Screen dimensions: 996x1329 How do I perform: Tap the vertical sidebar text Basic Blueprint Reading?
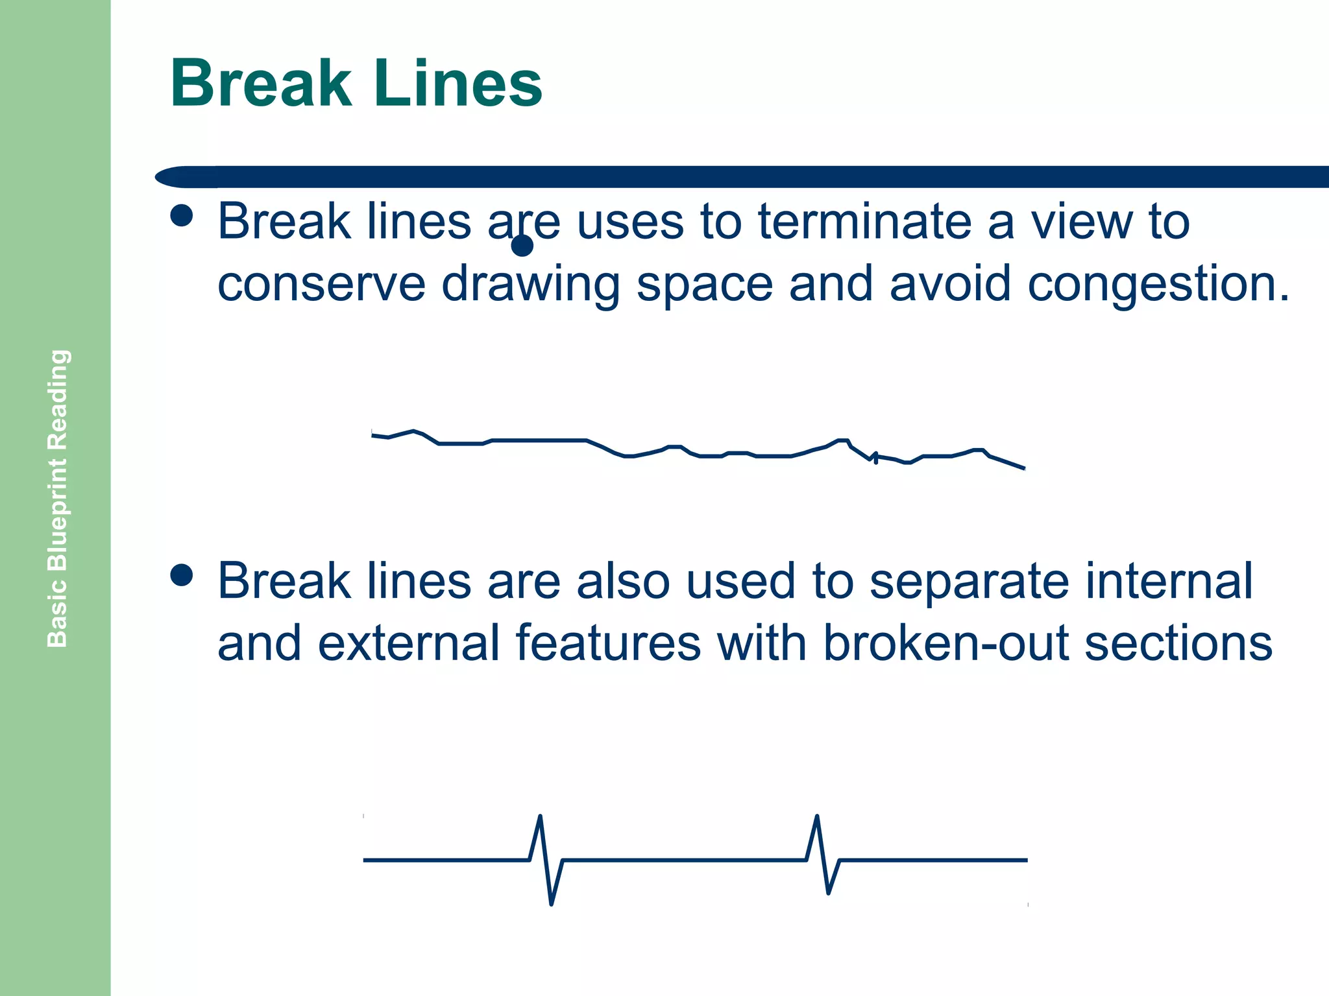tap(58, 498)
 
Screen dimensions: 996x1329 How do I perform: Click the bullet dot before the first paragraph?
tap(182, 216)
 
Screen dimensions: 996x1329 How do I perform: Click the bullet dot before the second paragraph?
tap(182, 575)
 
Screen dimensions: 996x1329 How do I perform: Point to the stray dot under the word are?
tap(522, 246)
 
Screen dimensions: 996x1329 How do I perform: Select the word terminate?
tap(864, 222)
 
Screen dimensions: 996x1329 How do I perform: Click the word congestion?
tap(1158, 284)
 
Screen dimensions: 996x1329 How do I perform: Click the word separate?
tap(969, 582)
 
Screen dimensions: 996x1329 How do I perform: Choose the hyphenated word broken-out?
tap(946, 643)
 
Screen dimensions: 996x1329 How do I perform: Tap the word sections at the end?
tap(1178, 643)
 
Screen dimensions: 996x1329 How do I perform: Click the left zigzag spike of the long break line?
tap(546, 859)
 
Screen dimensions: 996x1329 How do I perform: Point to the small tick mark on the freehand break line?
tap(875, 458)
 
